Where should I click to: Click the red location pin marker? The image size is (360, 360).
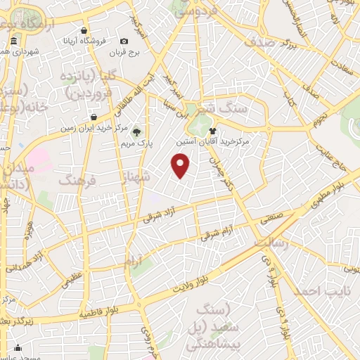click(x=181, y=165)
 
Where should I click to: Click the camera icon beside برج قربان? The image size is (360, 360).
click(x=124, y=41)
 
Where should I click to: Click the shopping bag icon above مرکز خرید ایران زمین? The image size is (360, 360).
click(x=93, y=117)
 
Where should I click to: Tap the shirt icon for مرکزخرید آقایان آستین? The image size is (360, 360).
click(x=212, y=130)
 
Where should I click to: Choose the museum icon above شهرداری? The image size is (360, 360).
click(x=15, y=44)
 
